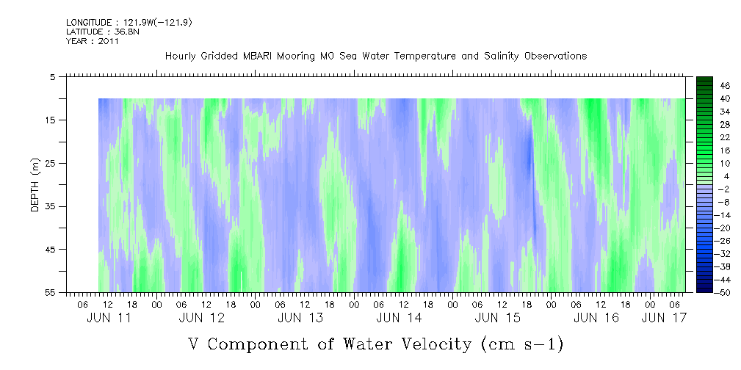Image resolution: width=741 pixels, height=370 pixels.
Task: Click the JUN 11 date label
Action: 109,318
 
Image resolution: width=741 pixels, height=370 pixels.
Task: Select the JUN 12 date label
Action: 201,318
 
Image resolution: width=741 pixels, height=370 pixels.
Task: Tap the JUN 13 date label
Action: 300,318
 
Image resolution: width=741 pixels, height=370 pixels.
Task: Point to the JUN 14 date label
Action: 399,318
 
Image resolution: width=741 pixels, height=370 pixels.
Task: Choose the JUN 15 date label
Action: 498,318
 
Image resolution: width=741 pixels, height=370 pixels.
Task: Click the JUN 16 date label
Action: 596,318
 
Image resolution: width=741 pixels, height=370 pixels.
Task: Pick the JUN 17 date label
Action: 665,318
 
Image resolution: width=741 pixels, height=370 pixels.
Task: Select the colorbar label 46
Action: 725,85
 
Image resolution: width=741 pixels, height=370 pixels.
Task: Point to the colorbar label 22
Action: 725,137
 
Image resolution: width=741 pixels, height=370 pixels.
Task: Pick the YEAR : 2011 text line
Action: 93,41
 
